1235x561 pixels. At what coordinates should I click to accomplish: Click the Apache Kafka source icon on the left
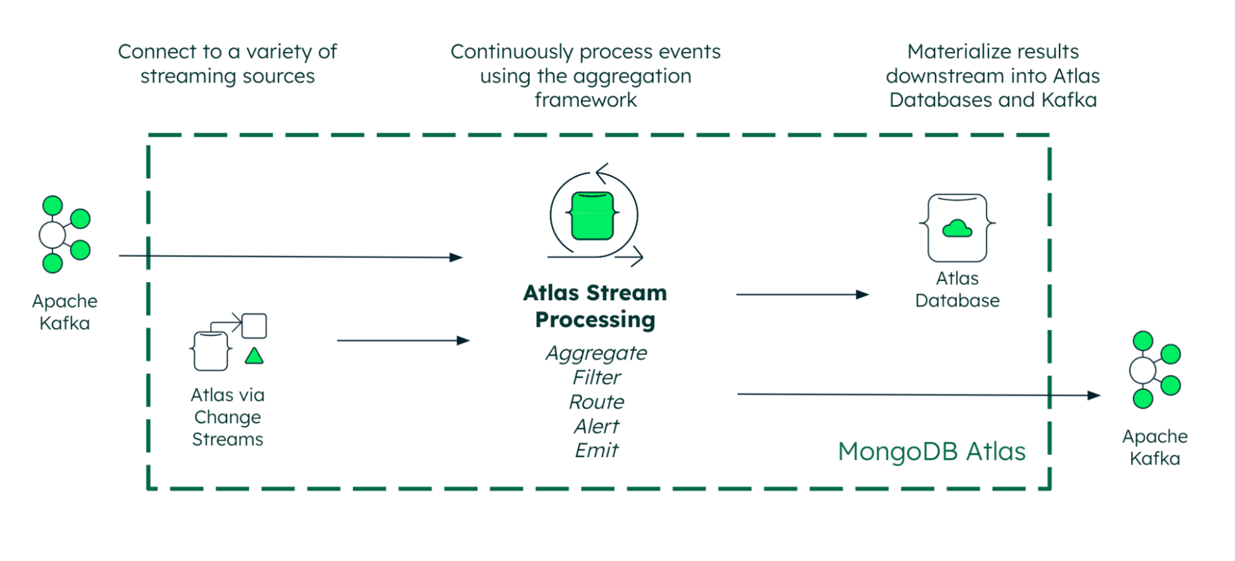(64, 235)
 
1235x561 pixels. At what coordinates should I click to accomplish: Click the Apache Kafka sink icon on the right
(1154, 370)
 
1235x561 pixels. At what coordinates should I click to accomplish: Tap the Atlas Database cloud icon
(957, 229)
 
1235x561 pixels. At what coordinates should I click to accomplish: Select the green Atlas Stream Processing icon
(593, 216)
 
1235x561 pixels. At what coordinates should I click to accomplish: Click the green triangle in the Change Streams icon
(254, 356)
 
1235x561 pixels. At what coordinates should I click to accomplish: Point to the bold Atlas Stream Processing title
(595, 306)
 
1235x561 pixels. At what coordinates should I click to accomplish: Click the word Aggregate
(596, 353)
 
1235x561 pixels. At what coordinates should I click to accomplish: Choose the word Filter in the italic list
(596, 377)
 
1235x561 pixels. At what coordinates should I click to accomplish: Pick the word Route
(596, 402)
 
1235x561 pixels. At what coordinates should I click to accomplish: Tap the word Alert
(596, 426)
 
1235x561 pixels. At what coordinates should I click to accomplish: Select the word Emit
(596, 450)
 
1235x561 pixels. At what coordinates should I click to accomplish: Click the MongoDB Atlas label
(931, 452)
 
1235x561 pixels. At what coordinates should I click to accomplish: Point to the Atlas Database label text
(957, 289)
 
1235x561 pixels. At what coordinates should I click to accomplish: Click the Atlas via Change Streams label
(227, 417)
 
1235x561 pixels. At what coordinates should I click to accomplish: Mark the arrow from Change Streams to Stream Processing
(403, 340)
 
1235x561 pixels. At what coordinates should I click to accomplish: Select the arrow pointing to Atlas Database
(802, 295)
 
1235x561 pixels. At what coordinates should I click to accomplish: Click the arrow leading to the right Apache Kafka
(918, 394)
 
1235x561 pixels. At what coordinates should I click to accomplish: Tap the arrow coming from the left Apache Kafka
(290, 256)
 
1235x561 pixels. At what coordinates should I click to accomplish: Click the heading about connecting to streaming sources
(227, 64)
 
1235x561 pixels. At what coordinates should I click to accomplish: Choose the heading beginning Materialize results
(993, 75)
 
